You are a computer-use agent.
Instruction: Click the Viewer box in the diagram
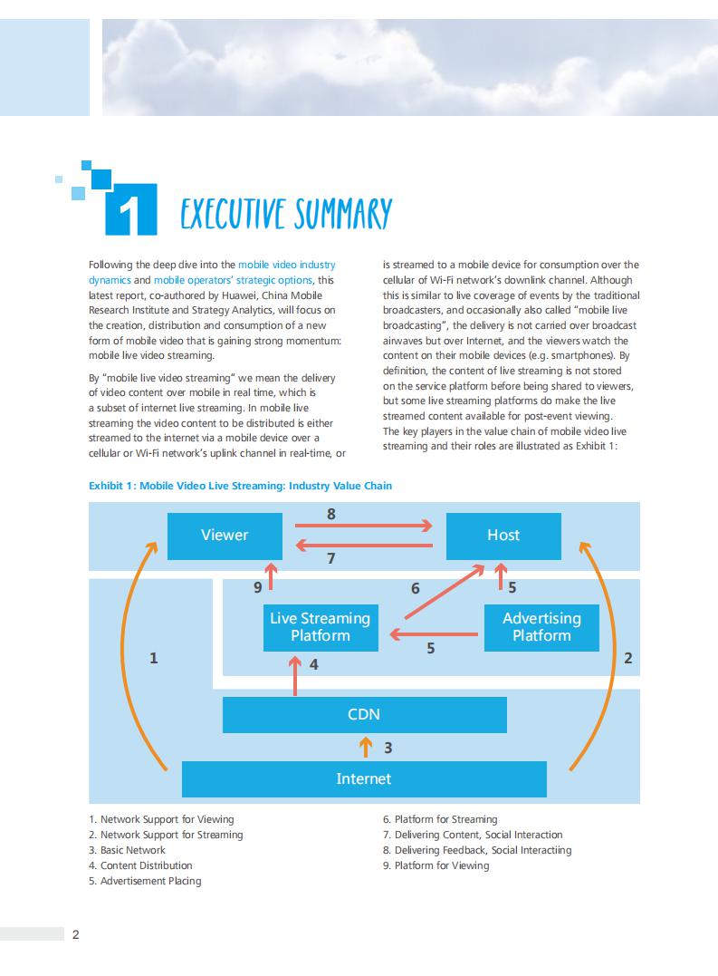[225, 535]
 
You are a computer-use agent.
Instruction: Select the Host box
[503, 535]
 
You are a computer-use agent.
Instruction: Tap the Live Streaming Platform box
[321, 627]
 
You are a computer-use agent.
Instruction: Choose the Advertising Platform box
[541, 627]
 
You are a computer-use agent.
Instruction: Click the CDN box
[364, 714]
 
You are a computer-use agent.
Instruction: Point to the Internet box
[364, 778]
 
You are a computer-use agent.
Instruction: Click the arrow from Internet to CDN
[365, 747]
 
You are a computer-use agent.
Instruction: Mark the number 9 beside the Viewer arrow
[258, 588]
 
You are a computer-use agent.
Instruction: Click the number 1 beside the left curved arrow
[154, 659]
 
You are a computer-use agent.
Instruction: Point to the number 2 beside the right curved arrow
[628, 659]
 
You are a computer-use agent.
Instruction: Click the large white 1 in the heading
[131, 212]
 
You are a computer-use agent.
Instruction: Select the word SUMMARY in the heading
[342, 214]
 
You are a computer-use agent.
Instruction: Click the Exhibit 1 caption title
[241, 486]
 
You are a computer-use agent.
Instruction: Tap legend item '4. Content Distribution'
[140, 865]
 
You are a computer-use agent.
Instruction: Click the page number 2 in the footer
[76, 935]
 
